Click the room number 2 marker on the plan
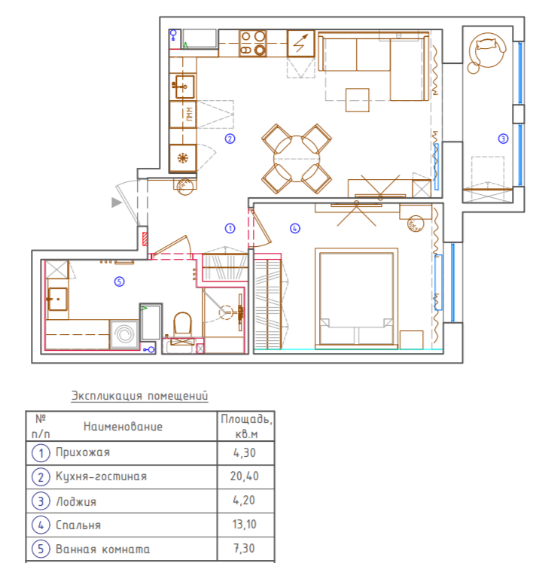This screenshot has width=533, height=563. (x=230, y=138)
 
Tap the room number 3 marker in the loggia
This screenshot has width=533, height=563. (x=503, y=138)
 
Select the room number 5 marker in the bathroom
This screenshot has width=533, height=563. (x=119, y=281)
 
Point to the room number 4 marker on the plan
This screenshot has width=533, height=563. (x=295, y=228)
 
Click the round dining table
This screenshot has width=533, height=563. (x=297, y=158)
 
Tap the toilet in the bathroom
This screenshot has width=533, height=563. (x=182, y=324)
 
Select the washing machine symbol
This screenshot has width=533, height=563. (x=124, y=334)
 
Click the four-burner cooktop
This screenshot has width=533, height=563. (x=253, y=43)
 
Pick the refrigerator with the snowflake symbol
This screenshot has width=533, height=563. (x=183, y=158)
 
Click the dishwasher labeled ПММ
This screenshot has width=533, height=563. (x=183, y=114)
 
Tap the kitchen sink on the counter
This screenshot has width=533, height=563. (x=184, y=86)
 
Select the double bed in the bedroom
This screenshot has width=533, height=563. (x=356, y=297)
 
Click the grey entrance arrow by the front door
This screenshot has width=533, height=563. (x=117, y=202)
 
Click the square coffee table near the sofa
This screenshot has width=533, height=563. (x=358, y=100)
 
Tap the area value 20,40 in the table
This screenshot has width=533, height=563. (x=244, y=476)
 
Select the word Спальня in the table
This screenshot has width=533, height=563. (x=78, y=525)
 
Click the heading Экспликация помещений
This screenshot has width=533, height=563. (x=140, y=396)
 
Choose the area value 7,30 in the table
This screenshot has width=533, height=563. (x=244, y=548)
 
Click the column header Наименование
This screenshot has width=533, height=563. (x=123, y=427)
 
